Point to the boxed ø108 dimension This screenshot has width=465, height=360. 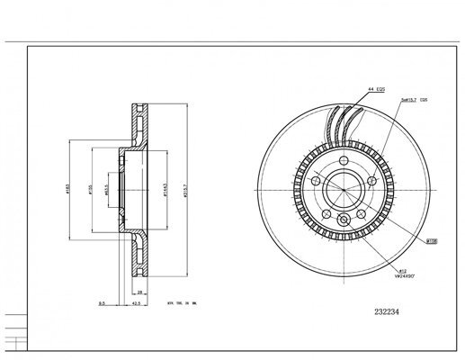(432, 241)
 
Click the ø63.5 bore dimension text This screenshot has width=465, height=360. (105, 190)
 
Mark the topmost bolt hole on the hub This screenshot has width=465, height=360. (344, 162)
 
